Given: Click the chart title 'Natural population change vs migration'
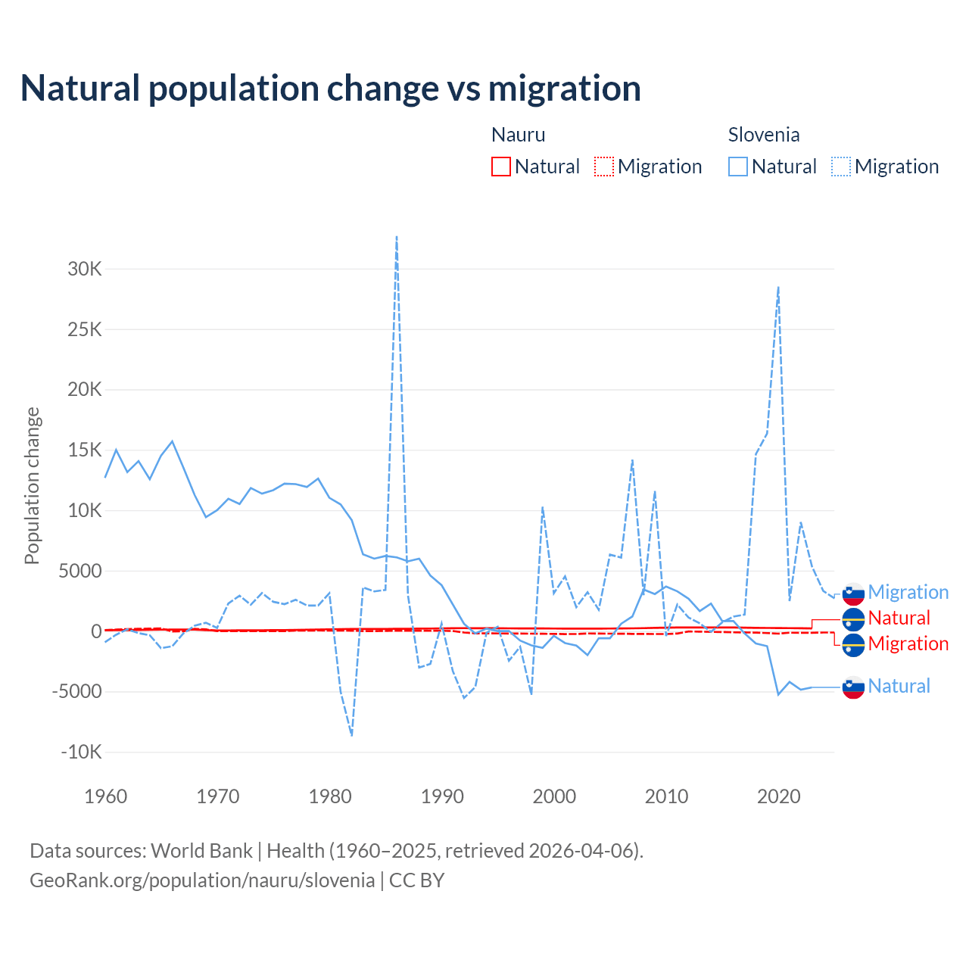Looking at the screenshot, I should pos(331,89).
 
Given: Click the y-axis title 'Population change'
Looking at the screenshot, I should pos(32,485).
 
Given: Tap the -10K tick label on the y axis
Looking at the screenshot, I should pos(82,752).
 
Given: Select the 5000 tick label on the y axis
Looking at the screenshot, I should pos(80,571).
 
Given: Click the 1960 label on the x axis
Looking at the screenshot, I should pos(106,796).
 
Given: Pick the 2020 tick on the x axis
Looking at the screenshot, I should pos(779,796).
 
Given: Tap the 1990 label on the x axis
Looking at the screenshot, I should pos(442,796).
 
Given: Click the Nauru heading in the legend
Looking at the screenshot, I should pos(519,135).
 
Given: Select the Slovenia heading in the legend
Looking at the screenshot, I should pos(764,135).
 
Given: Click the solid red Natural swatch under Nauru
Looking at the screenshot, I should pos(501,167).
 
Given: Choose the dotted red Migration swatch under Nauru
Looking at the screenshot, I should pos(604,167).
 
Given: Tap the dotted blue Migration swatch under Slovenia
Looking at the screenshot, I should pos(841,167).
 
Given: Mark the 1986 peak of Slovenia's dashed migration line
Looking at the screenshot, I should pos(397,237).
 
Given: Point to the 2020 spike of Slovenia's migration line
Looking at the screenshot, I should pos(778,288).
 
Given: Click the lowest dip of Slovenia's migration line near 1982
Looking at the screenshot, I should pos(352,734).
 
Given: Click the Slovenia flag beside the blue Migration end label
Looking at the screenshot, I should pos(853,594).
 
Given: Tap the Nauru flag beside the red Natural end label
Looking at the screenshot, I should pos(853,619).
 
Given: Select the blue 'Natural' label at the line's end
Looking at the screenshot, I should pos(899,686).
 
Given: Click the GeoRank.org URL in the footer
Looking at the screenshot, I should pos(202,880).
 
